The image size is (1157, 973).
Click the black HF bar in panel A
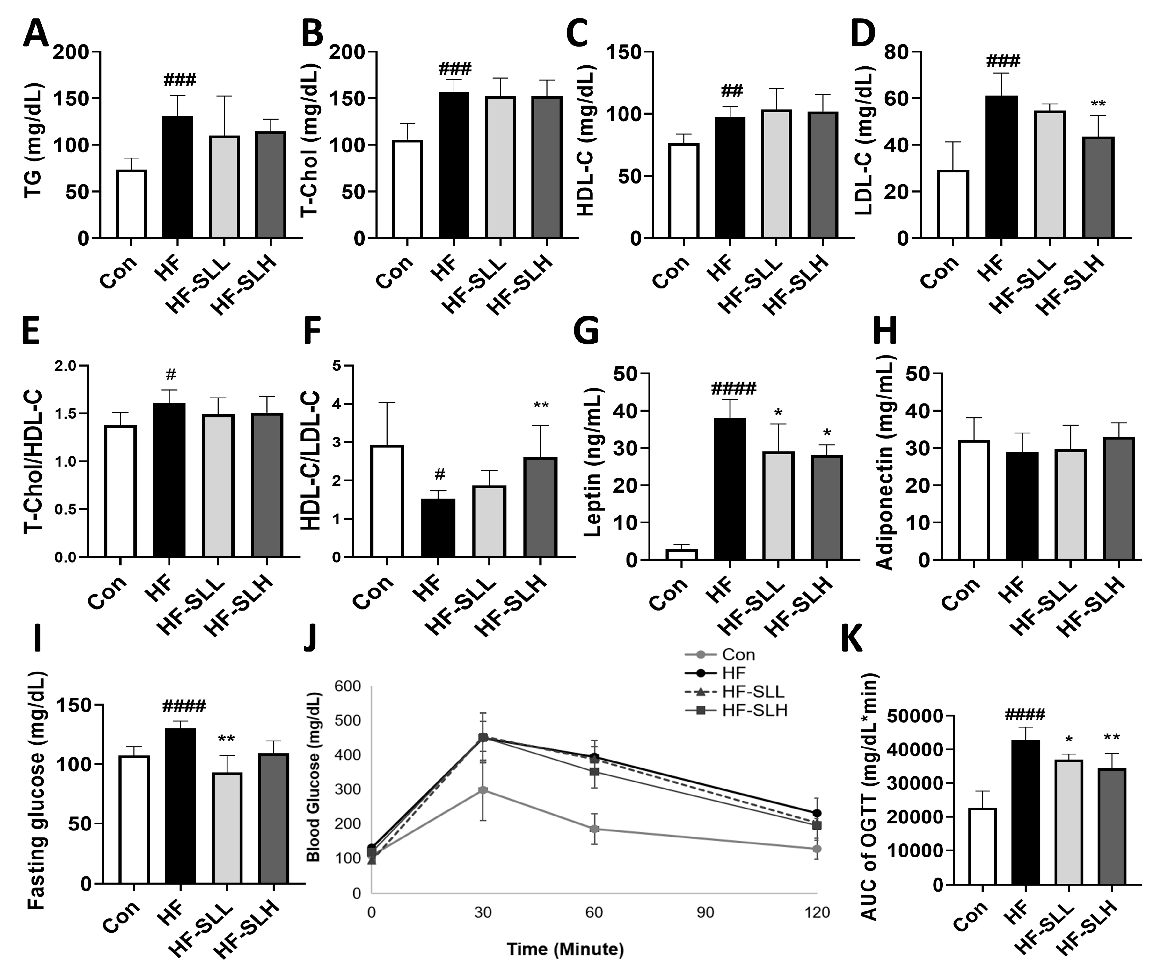[177, 177]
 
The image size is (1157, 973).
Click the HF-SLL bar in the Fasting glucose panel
[226, 827]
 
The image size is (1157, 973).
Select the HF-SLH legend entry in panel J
[736, 710]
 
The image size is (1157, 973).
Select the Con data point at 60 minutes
[594, 829]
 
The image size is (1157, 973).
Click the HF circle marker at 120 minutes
[817, 813]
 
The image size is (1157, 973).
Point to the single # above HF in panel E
[170, 375]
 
